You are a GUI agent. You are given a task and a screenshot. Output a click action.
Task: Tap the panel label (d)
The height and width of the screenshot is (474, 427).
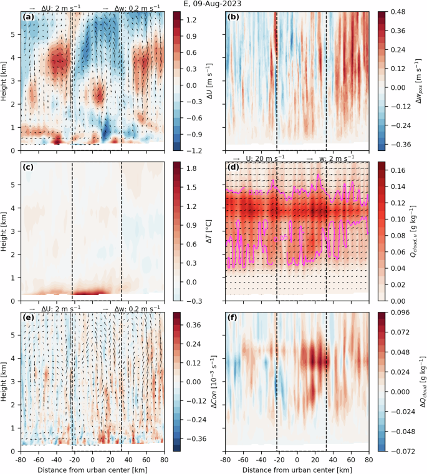click(234, 170)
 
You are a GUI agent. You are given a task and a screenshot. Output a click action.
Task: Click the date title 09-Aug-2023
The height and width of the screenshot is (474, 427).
click(214, 4)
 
